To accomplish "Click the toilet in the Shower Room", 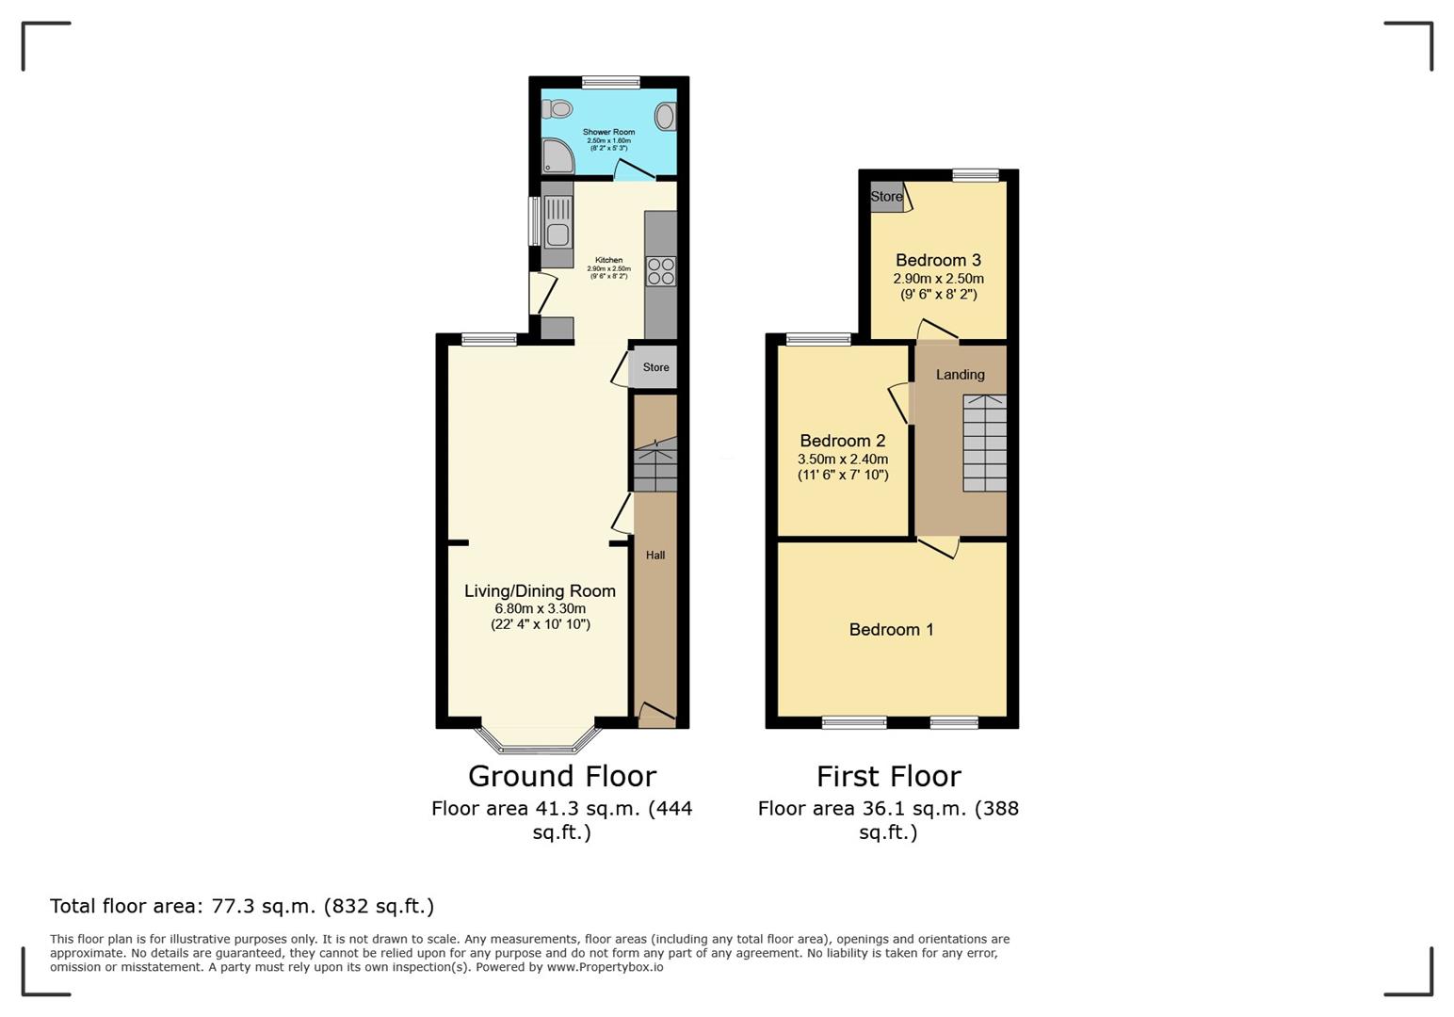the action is point(557,108).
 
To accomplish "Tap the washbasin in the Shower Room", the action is point(665,117).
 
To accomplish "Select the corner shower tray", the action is point(557,156).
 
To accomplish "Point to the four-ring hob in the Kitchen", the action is point(661,271).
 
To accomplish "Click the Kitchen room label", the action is point(609,260).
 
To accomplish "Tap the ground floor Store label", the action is point(655,367).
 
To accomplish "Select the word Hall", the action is point(654,555).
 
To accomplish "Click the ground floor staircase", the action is point(654,464).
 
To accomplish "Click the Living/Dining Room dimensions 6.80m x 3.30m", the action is point(540,608).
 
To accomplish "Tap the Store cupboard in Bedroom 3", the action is point(887,197).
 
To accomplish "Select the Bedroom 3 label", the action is point(938,260).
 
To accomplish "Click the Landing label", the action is point(960,375).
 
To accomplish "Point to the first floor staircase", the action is point(985,443).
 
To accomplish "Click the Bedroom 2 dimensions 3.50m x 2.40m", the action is point(843,459).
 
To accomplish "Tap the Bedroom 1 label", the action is point(891,630).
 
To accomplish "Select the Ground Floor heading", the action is point(562,776).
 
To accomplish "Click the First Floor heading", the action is point(889,776).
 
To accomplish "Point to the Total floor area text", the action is point(242,906).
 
